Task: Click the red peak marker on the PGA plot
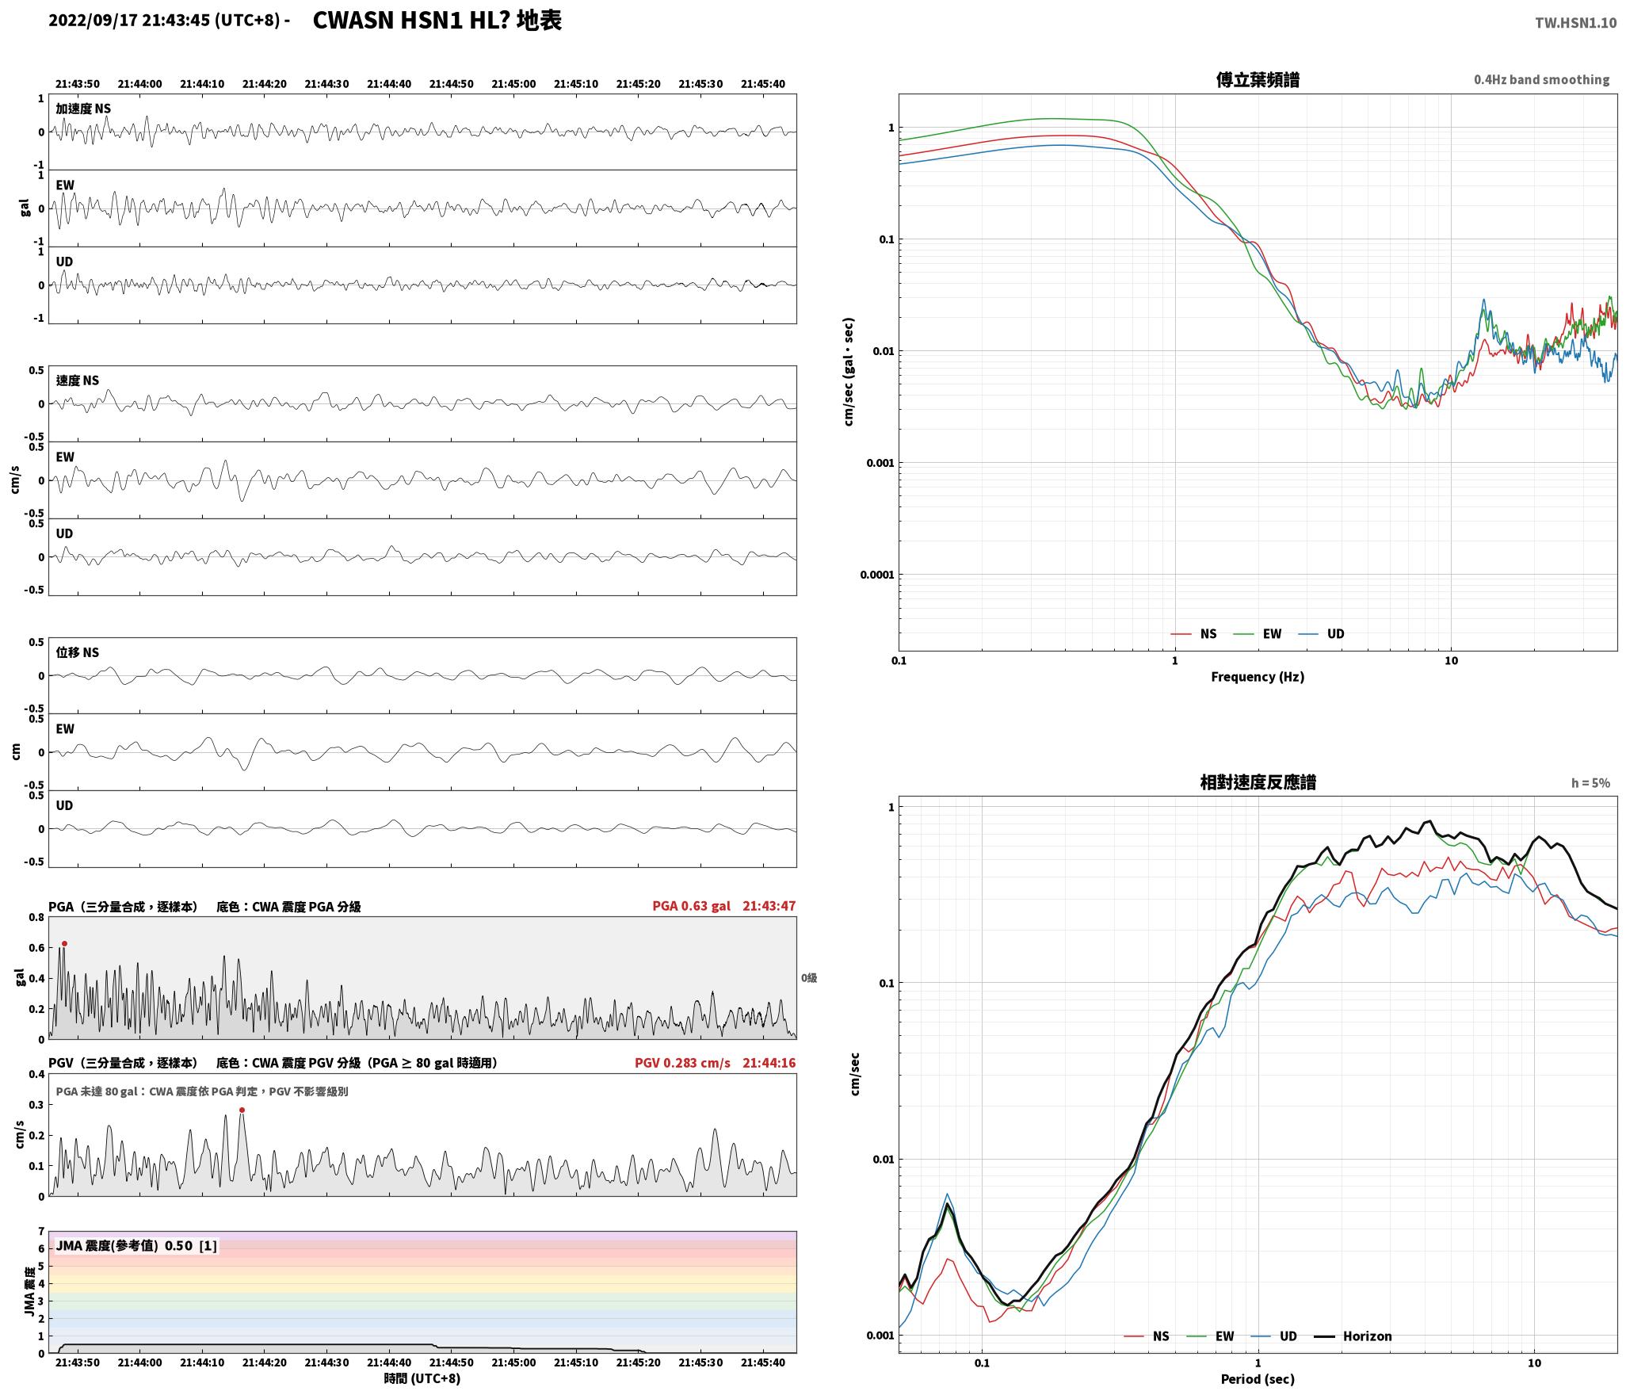(64, 943)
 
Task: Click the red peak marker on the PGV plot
(242, 1110)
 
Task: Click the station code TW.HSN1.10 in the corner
(1575, 23)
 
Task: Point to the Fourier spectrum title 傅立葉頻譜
(1258, 79)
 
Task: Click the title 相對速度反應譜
(1258, 782)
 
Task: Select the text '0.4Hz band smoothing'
(1541, 80)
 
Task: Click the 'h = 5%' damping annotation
(1590, 783)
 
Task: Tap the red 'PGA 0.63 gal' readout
(691, 905)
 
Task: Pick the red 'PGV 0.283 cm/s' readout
(682, 1062)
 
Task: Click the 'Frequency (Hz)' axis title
(1258, 676)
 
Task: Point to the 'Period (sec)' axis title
(1258, 1378)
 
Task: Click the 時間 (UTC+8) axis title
(422, 1378)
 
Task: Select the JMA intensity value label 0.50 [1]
(190, 1245)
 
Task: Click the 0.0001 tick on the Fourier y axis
(876, 575)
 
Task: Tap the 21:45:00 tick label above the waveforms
(513, 84)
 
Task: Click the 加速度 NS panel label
(83, 109)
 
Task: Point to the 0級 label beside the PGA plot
(808, 978)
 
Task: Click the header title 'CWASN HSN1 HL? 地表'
(437, 21)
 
